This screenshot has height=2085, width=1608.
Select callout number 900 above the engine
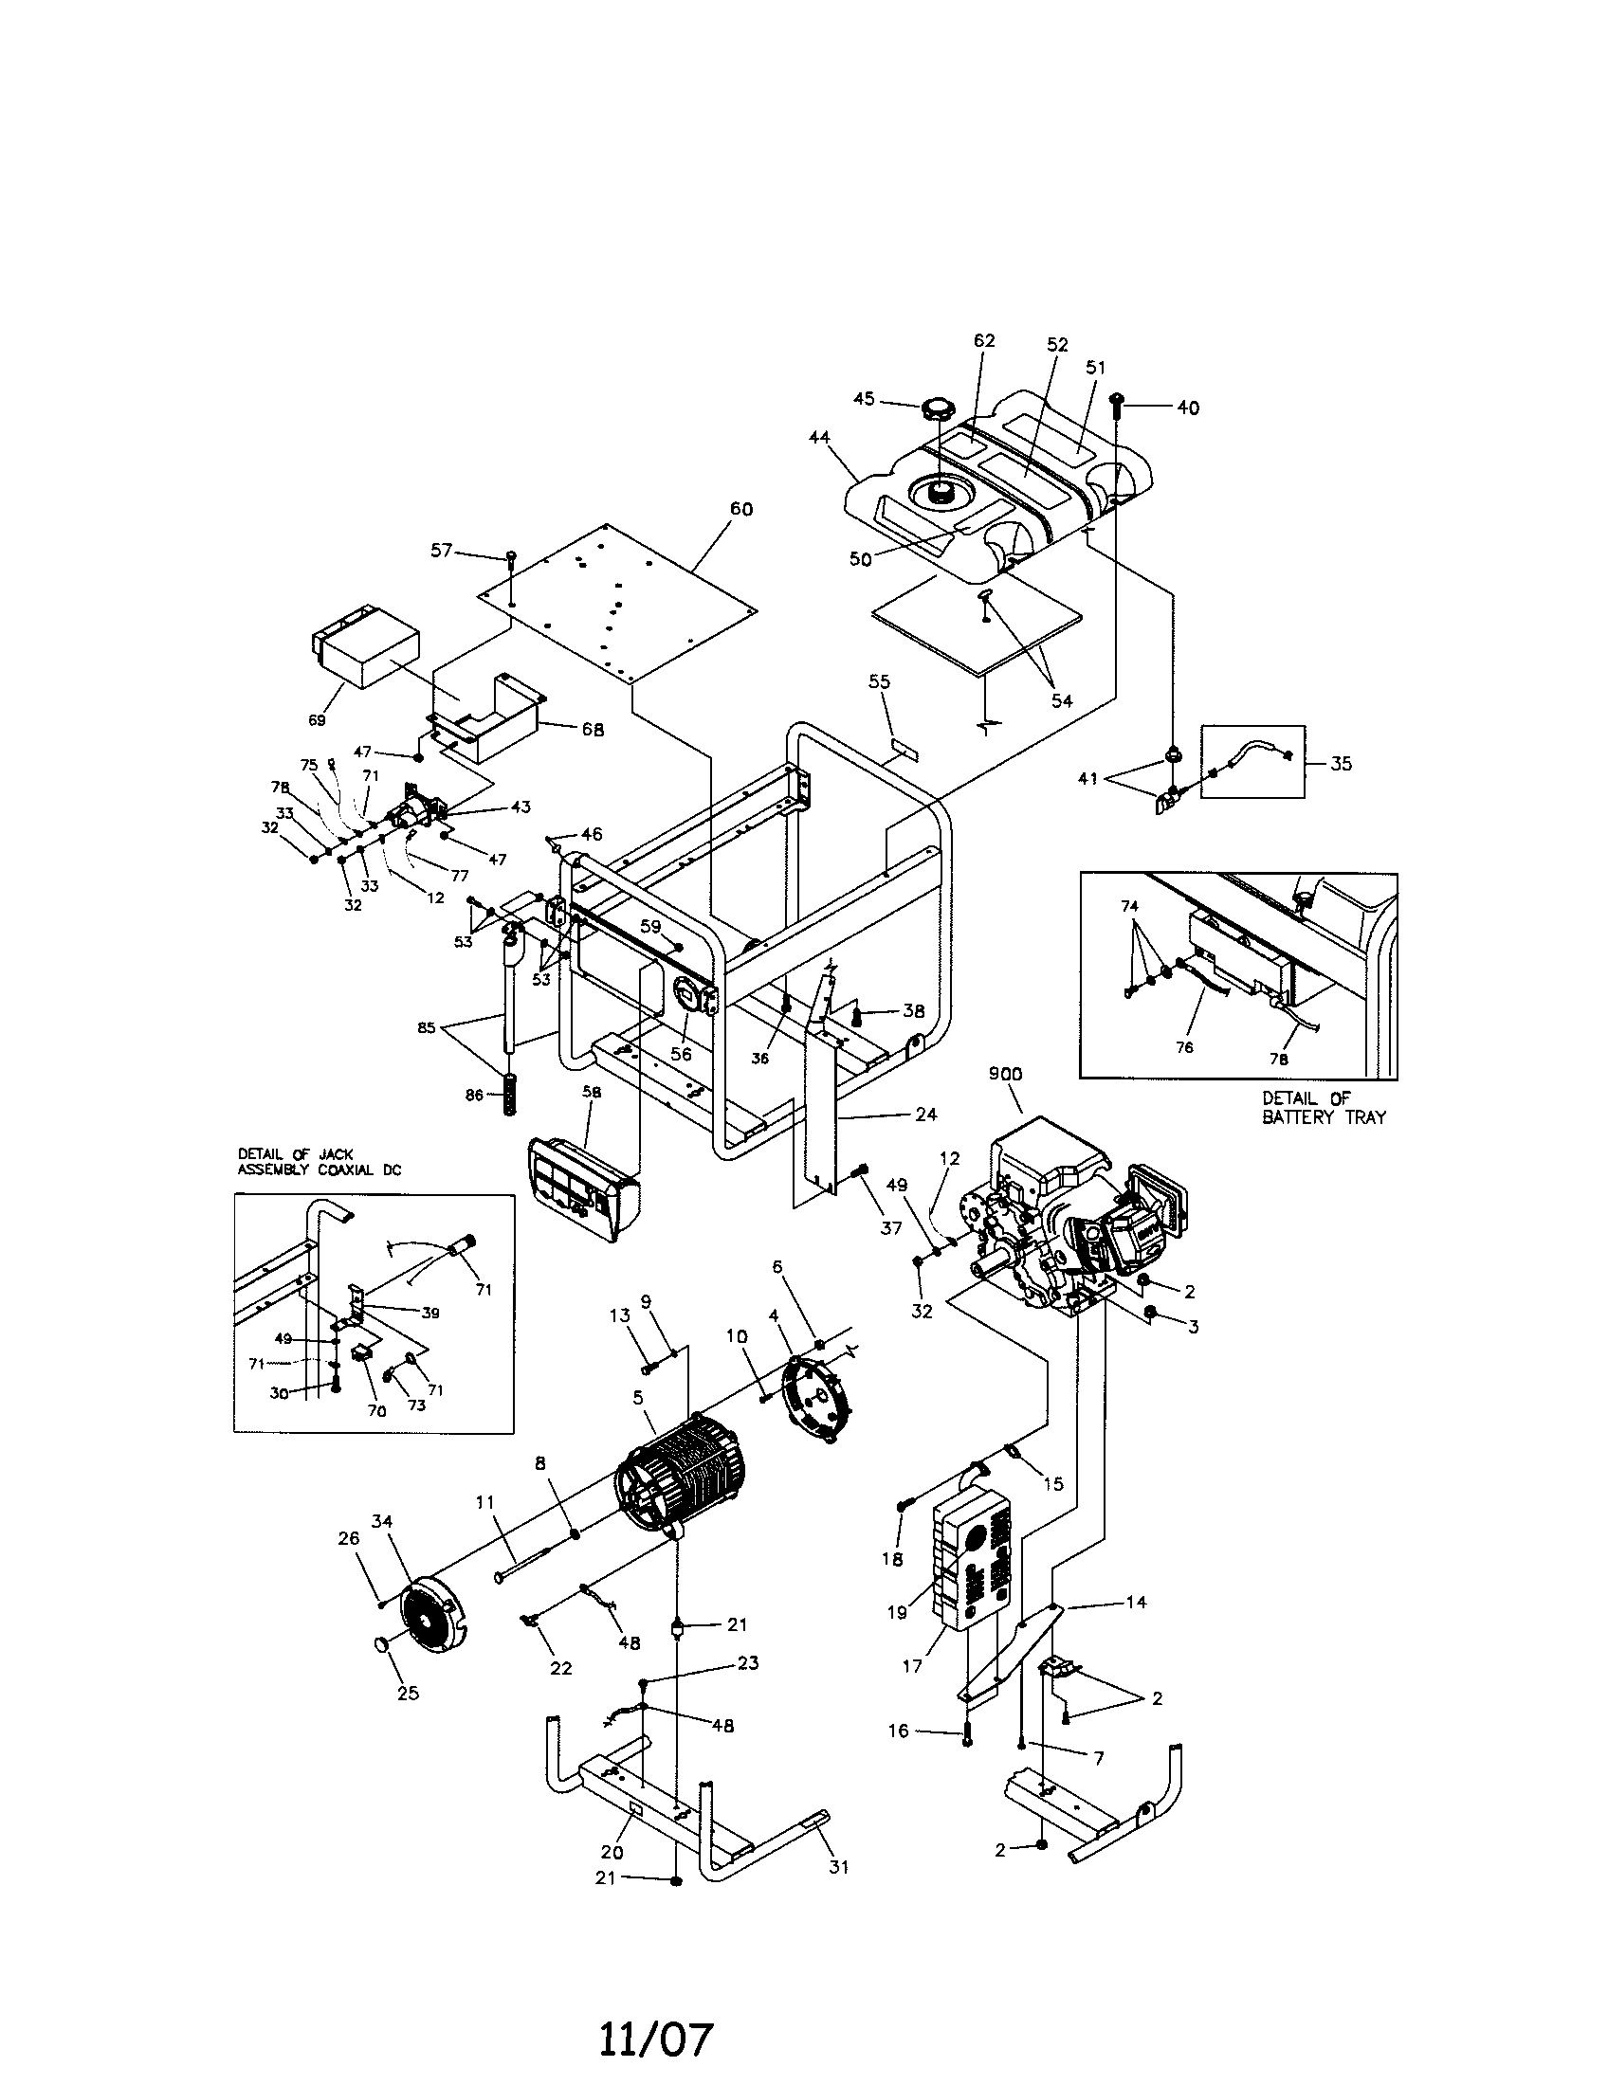[x=1006, y=1074]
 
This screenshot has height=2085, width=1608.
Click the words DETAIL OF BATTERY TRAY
[x=1323, y=1109]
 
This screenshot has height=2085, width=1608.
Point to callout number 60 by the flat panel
[x=741, y=509]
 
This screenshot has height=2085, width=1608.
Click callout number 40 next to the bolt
[x=1187, y=408]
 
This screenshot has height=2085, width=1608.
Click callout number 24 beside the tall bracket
[x=925, y=1114]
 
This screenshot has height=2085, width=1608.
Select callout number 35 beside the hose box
[x=1341, y=764]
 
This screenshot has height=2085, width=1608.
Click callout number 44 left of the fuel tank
[x=818, y=438]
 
